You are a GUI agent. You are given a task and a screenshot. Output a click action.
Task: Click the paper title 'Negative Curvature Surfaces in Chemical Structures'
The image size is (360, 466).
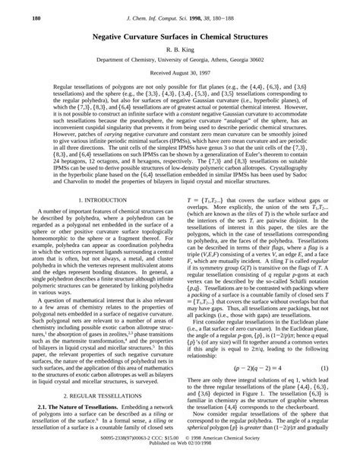(179, 35)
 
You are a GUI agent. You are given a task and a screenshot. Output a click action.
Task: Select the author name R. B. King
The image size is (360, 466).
(179, 48)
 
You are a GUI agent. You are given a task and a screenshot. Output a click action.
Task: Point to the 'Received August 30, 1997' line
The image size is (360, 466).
(179, 74)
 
